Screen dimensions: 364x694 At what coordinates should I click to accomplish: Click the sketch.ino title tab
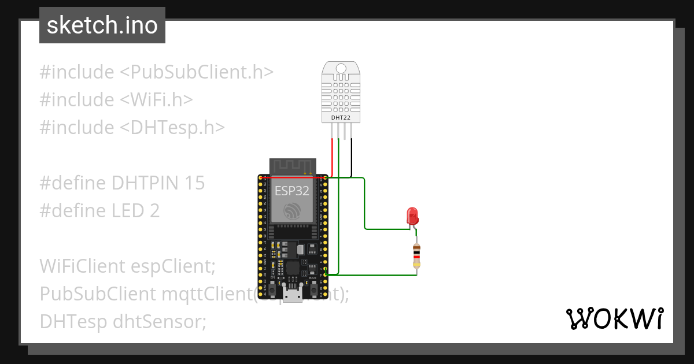(x=102, y=25)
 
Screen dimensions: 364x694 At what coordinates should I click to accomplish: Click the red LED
(x=413, y=216)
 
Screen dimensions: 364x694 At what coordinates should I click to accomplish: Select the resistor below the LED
(x=416, y=255)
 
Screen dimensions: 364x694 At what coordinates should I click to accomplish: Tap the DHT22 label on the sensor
(x=340, y=118)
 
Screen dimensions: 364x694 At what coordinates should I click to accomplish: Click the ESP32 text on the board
(x=292, y=191)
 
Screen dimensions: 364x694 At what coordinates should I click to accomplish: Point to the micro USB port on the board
(x=294, y=295)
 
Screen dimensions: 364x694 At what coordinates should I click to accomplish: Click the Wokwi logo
(x=614, y=318)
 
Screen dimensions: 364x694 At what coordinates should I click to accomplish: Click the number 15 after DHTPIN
(x=195, y=183)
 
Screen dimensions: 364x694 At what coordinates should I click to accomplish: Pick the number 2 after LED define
(x=154, y=211)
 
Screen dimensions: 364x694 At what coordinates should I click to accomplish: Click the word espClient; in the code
(x=173, y=266)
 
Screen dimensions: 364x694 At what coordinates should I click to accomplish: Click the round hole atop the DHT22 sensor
(x=340, y=69)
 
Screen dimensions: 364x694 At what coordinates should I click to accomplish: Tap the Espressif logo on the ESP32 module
(x=292, y=210)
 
